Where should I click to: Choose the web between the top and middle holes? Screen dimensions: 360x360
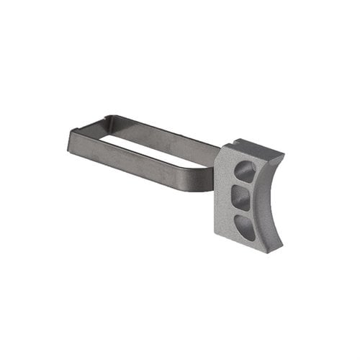(245, 185)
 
